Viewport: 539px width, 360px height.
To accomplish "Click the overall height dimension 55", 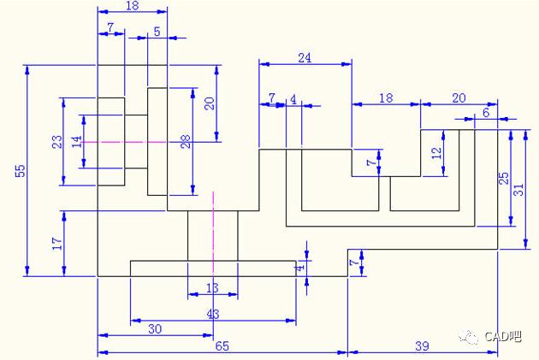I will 20,171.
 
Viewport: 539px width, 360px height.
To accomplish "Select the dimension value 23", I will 56,142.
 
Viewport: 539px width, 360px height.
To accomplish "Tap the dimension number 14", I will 76,141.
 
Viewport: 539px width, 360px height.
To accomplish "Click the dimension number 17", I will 57,243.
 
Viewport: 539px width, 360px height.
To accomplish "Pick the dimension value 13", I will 213,288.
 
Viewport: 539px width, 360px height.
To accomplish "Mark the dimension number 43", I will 213,314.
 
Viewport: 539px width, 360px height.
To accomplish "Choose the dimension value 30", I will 156,329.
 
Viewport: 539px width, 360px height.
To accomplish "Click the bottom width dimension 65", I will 222,345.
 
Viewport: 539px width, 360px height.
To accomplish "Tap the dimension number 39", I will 423,345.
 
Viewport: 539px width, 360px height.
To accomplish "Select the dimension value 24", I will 305,57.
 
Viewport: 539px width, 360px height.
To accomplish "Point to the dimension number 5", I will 157,32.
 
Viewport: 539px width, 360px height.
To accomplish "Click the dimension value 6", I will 486,113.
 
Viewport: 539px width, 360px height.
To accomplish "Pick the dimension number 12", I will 436,153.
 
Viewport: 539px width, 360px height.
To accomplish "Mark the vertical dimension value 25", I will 504,178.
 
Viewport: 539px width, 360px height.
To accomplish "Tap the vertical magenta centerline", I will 213,231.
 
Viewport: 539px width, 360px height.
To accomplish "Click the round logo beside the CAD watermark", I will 469,336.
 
